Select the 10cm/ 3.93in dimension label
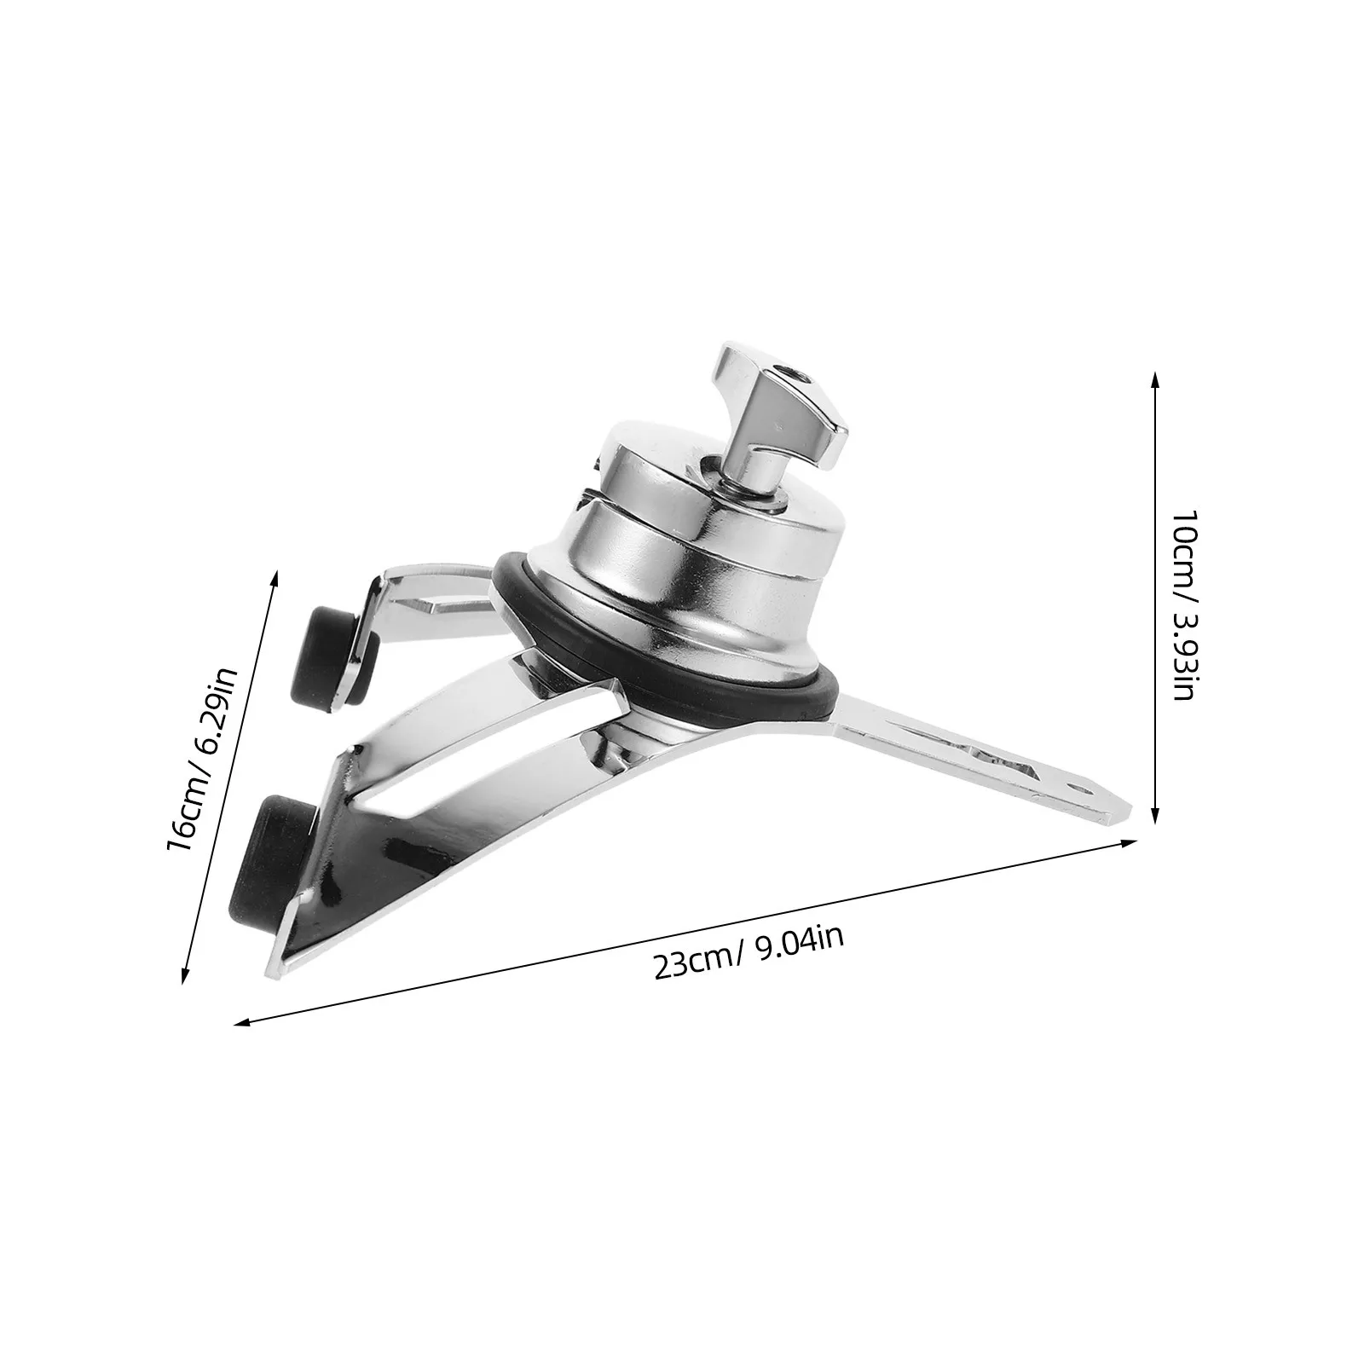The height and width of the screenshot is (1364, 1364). (x=1183, y=606)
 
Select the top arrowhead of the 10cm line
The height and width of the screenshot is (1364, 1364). (x=1154, y=380)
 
